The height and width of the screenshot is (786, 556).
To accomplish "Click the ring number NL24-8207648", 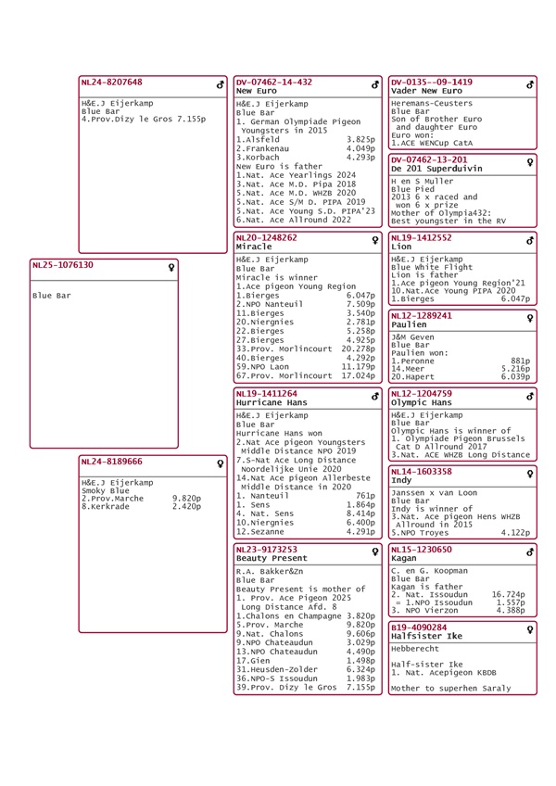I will coord(112,82).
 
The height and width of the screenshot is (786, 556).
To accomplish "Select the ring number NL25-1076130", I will coord(63,264).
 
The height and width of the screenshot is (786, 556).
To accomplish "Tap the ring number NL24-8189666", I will coord(112,461).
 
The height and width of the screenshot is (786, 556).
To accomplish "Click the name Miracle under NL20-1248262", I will coord(254,247).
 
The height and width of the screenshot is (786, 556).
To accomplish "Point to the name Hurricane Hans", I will coord(271,404).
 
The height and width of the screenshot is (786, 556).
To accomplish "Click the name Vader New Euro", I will coord(426,92).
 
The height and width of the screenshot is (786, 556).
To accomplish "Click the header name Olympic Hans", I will coord(422,403).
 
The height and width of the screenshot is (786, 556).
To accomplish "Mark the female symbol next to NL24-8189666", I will coord(221,463).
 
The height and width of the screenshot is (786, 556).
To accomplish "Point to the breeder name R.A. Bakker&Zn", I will coord(269,572).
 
